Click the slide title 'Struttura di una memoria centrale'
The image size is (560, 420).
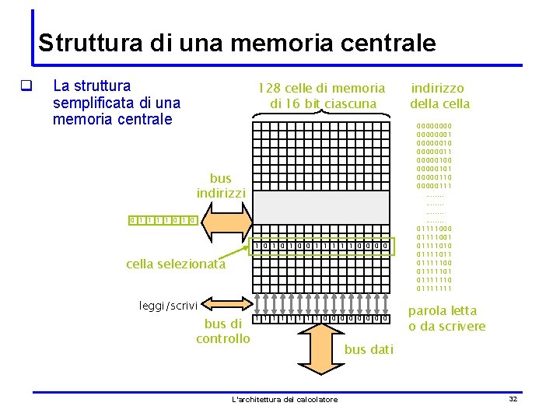(x=236, y=42)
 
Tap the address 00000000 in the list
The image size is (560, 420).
(x=434, y=125)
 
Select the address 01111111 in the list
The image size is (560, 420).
(x=434, y=289)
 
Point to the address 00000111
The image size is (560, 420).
(x=434, y=185)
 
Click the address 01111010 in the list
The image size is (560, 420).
(x=434, y=246)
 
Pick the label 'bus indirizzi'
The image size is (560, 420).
(x=221, y=185)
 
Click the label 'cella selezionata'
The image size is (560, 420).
(x=176, y=264)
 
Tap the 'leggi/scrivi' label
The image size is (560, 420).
(x=169, y=306)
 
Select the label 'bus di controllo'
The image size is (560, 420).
(x=223, y=331)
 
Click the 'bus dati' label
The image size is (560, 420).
(x=369, y=350)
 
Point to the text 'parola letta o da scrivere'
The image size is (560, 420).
(x=446, y=319)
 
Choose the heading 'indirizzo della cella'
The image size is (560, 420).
(x=439, y=96)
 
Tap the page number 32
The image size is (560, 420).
(x=513, y=399)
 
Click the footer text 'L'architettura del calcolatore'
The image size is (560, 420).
(x=285, y=400)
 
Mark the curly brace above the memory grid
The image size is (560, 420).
(x=321, y=117)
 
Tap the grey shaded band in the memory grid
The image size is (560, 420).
(x=321, y=207)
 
